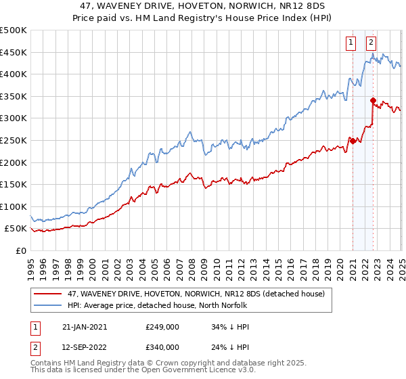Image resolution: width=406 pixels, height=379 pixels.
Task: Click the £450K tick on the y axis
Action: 14,52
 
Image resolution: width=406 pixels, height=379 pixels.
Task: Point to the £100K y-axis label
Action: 14,206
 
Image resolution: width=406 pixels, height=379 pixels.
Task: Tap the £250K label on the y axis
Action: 14,140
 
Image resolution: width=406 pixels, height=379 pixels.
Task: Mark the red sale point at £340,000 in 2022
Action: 373,100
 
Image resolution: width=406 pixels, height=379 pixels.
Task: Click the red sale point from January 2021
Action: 353,140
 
